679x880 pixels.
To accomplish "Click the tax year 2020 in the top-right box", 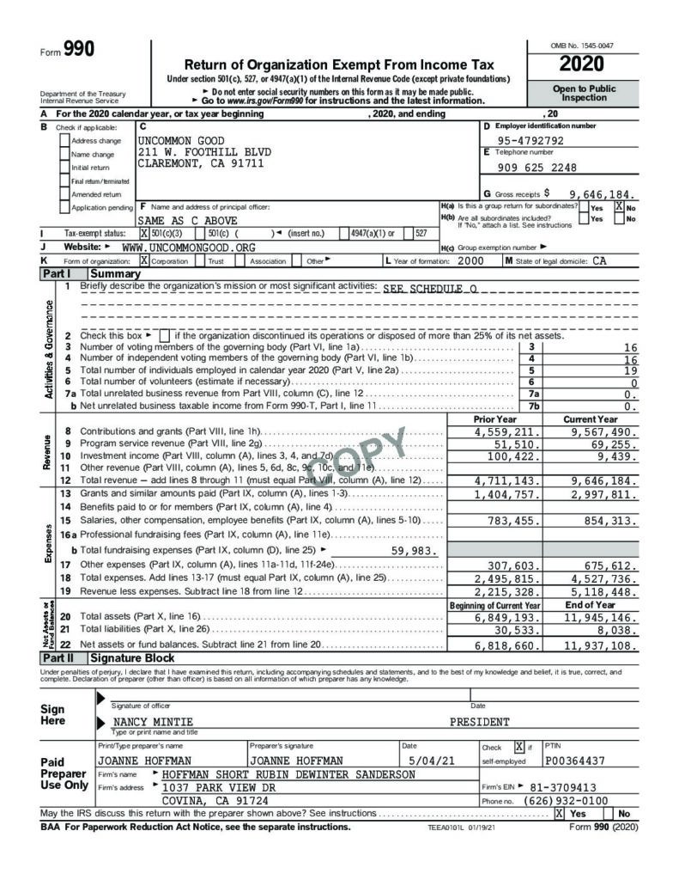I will point(581,64).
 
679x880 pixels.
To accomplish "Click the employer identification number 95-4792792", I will point(531,140).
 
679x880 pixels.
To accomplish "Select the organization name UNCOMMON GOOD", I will point(181,140).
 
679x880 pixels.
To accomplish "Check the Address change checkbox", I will point(64,140).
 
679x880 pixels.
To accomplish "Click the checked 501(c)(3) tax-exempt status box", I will point(144,233).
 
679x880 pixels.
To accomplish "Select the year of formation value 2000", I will point(470,260).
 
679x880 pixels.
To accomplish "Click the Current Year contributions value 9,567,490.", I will point(601,432).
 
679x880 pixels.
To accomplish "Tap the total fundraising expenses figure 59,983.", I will point(414,551).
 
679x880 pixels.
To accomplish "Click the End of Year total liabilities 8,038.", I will point(616,630).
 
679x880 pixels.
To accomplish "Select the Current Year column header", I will point(591,419).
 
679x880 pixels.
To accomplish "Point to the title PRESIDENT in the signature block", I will point(479,722).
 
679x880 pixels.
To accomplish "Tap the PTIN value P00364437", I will point(575,761).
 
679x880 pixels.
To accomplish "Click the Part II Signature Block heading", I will point(120,657).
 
